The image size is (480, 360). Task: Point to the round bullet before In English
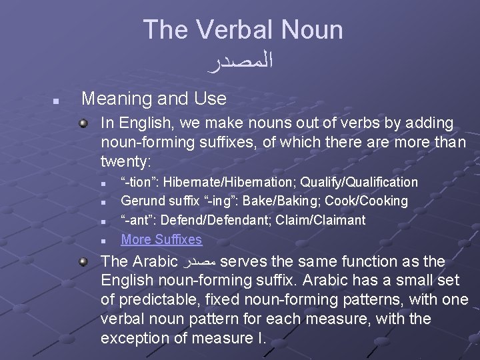pos(83,123)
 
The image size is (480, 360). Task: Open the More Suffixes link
pos(161,239)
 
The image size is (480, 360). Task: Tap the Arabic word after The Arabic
pos(199,261)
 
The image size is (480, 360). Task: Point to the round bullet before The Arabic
pos(83,261)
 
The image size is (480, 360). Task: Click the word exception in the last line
pos(141,338)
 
